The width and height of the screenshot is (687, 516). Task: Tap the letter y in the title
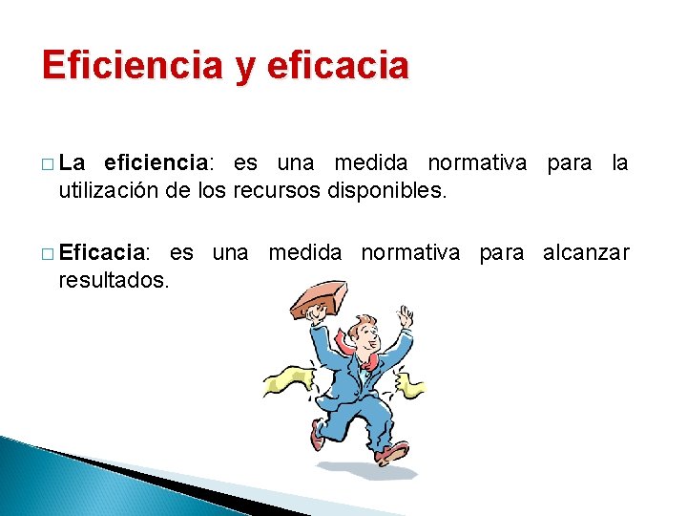point(243,69)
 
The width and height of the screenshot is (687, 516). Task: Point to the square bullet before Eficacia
point(48,255)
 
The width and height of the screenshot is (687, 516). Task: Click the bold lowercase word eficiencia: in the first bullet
point(156,163)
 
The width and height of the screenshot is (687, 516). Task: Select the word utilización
point(108,190)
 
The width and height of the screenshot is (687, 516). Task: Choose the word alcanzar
point(586,253)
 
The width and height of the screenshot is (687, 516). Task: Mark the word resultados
point(114,280)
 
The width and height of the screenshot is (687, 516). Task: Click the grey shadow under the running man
point(382,470)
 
